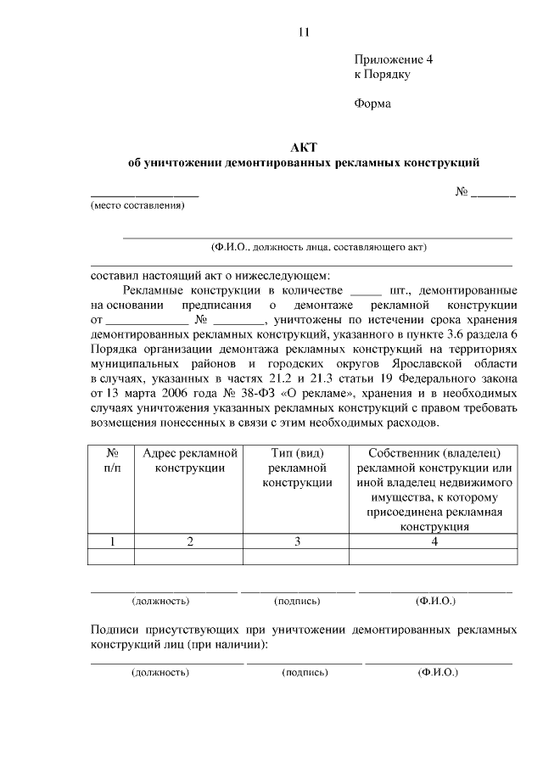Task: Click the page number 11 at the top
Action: coord(305,33)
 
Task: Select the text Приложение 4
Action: coord(393,60)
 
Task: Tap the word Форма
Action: coord(372,104)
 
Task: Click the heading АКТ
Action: coord(303,147)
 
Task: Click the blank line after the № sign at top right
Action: coord(493,193)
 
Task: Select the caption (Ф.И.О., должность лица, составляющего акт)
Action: coord(319,248)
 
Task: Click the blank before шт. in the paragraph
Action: coord(366,289)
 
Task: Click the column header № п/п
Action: coord(111,461)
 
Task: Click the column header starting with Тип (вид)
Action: coord(297,468)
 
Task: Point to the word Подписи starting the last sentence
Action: coord(117,630)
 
